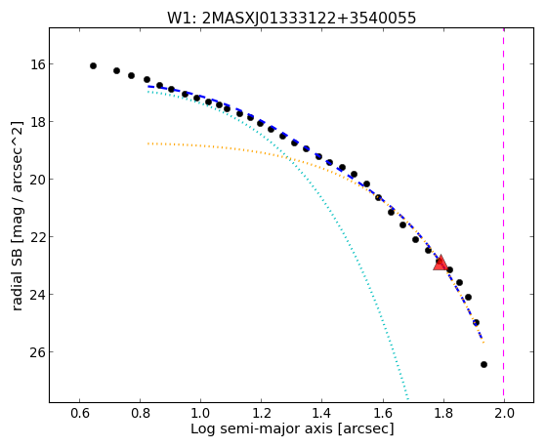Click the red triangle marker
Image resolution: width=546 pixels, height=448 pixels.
coord(441,264)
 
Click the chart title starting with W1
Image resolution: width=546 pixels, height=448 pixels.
coord(291,19)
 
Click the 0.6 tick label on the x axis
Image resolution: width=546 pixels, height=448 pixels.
coord(79,414)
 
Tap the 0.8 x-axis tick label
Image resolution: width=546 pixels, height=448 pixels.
coord(140,414)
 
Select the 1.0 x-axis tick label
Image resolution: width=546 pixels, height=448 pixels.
coord(200,414)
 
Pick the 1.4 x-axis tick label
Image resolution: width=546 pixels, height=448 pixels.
coord(321,414)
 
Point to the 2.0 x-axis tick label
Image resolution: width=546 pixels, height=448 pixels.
coord(504,414)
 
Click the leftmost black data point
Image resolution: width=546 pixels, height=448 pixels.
coord(93,65)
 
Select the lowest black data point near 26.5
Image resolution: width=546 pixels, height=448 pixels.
coord(483,364)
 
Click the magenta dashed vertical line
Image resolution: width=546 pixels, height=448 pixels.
coord(504,215)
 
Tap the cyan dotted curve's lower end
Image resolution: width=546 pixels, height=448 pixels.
coord(407,400)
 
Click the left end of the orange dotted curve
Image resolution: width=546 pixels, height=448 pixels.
coord(148,143)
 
